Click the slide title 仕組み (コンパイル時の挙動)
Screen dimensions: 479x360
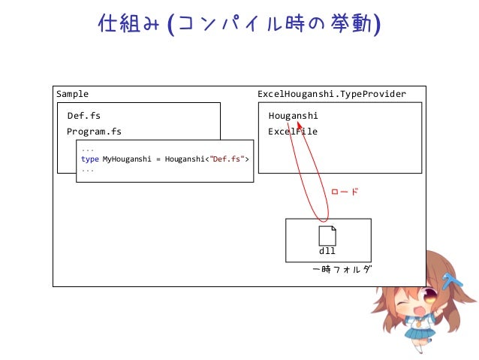[x=239, y=24]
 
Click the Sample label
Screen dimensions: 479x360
[x=72, y=94]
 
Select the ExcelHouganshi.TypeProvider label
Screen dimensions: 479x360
[x=331, y=94]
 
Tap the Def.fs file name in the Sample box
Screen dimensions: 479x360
[x=83, y=116]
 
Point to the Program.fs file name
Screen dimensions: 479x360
[x=94, y=132]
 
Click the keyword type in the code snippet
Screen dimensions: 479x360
[x=90, y=159]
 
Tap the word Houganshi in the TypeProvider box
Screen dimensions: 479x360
[x=293, y=116]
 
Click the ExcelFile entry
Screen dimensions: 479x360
[x=293, y=132]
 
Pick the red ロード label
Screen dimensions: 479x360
[x=345, y=192]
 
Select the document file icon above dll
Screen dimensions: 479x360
[x=327, y=235]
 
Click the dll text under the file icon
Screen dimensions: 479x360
[x=327, y=251]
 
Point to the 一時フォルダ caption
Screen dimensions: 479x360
[x=342, y=268]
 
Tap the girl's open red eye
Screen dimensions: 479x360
[x=431, y=295]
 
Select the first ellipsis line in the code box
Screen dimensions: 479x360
[x=88, y=150]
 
